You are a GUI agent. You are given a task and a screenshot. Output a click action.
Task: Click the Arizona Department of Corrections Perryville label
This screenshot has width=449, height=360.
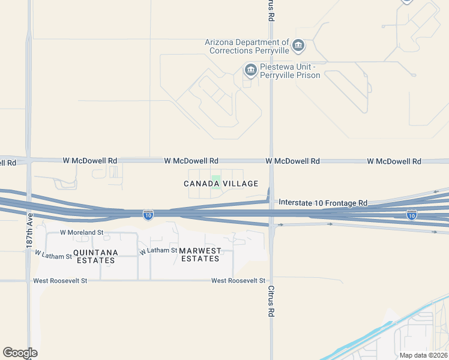click(x=247, y=47)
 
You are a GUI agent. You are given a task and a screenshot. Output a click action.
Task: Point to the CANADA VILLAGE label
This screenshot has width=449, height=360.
click(x=221, y=184)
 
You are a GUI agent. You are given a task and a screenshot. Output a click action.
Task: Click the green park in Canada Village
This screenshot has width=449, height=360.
click(x=217, y=182)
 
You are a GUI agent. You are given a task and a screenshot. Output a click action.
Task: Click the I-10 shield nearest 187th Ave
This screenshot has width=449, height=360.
click(x=148, y=214)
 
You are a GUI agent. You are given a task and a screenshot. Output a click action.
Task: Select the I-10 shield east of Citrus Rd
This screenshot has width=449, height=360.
click(x=411, y=214)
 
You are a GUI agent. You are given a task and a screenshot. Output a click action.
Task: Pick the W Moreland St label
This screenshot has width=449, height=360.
click(x=82, y=232)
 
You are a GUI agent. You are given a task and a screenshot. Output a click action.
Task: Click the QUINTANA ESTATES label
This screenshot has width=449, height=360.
click(x=95, y=256)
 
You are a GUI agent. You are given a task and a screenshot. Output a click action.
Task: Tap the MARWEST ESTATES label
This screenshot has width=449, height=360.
click(x=200, y=254)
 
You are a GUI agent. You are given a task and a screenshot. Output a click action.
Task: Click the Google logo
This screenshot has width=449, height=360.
click(x=20, y=353)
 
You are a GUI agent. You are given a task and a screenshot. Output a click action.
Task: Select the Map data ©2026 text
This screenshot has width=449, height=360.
click(x=423, y=355)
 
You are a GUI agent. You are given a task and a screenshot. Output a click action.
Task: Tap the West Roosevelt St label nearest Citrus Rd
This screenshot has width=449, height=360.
click(x=238, y=281)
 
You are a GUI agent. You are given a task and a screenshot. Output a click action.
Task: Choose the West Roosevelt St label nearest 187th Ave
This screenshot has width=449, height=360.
click(x=60, y=281)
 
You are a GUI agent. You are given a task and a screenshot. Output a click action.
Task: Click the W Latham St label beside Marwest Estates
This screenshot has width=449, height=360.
click(x=158, y=251)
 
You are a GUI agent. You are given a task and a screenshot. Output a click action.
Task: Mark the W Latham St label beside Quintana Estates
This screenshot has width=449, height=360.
click(x=53, y=255)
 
